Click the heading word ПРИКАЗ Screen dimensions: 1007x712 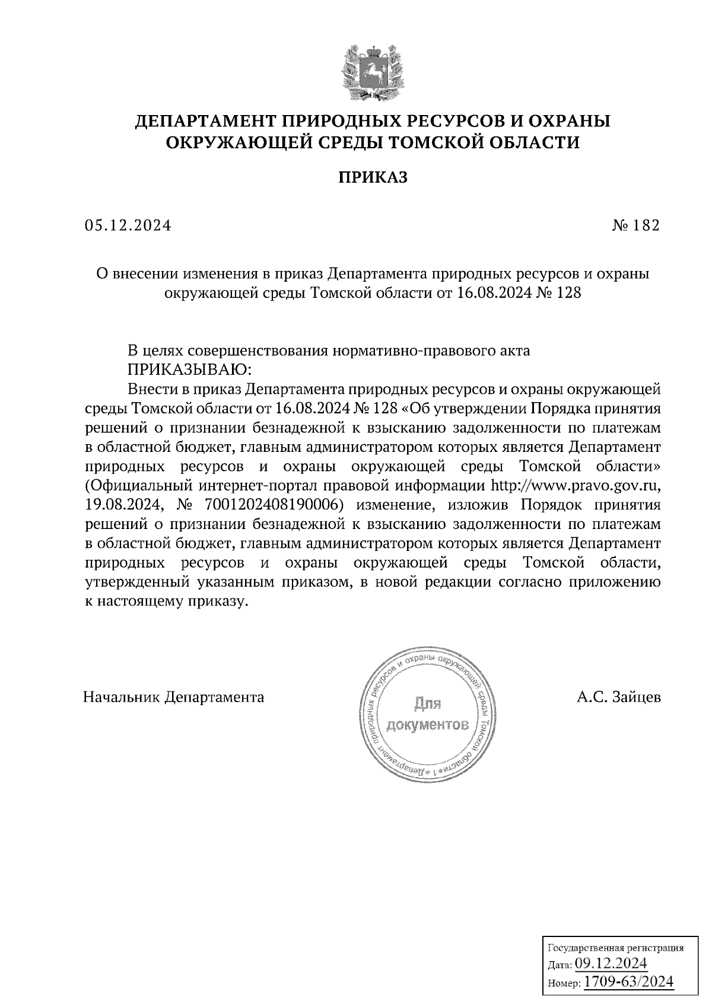(x=373, y=178)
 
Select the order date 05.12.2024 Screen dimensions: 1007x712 (x=128, y=225)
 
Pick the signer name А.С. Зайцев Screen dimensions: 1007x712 (x=619, y=696)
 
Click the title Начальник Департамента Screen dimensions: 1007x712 (x=174, y=696)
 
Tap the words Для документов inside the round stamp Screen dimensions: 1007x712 (x=427, y=715)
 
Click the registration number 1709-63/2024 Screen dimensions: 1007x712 (x=629, y=981)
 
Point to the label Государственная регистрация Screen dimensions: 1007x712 (x=614, y=947)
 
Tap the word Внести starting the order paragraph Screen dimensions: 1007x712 (x=154, y=389)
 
